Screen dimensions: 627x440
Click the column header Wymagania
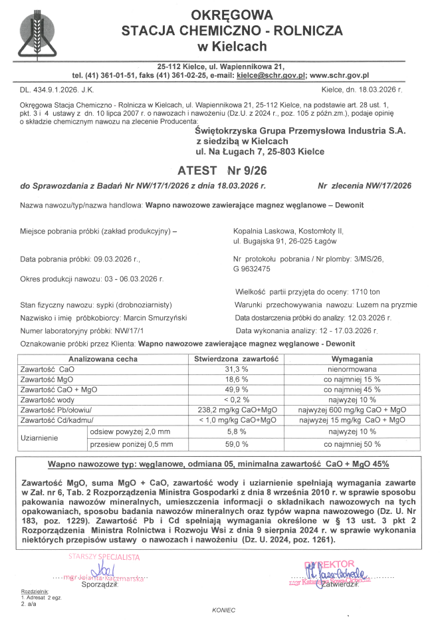352,358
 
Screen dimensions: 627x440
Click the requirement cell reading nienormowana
352,368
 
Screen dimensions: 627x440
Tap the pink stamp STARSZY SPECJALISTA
106,557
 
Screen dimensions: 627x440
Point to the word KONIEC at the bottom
224,609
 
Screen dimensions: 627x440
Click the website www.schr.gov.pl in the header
339,76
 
